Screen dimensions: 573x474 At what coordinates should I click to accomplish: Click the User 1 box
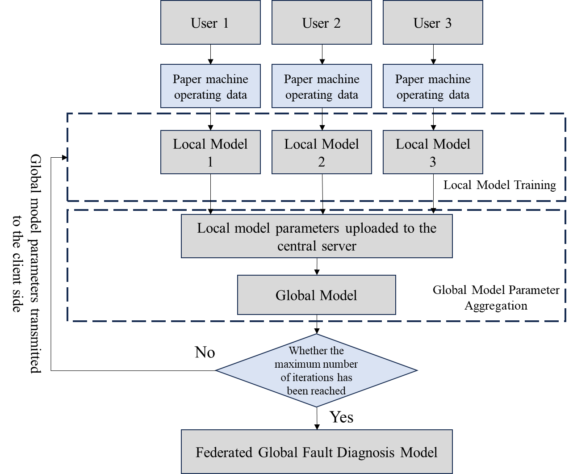tap(210, 22)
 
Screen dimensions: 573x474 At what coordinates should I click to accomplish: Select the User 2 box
tap(322, 22)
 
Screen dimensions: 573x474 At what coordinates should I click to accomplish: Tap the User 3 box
tap(433, 22)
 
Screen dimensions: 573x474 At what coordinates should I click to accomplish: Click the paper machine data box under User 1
tap(210, 86)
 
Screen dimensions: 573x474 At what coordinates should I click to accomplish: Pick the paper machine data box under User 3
tap(433, 86)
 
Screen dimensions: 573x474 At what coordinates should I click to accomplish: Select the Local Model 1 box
tap(210, 152)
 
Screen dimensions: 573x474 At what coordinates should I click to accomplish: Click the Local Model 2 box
tap(322, 152)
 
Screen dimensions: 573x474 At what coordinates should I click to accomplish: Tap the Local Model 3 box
tap(433, 152)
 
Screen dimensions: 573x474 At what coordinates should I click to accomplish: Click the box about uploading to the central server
tap(317, 236)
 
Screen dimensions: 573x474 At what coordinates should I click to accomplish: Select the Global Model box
tap(316, 295)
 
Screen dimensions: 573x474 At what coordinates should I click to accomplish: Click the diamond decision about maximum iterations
tap(316, 370)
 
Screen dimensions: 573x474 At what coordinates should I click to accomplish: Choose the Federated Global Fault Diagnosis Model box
tap(317, 452)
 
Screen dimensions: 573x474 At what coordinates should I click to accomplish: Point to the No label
tap(205, 352)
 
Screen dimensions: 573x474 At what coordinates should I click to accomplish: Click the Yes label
tap(341, 417)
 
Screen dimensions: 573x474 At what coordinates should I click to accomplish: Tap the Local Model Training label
tap(500, 185)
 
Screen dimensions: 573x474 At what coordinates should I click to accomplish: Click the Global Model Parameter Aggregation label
tap(496, 298)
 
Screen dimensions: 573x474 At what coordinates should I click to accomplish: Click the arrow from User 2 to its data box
tap(322, 55)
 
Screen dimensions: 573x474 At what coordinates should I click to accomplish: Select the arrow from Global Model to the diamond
tap(317, 324)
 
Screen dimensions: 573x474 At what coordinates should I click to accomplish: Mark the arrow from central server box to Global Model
tap(317, 267)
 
